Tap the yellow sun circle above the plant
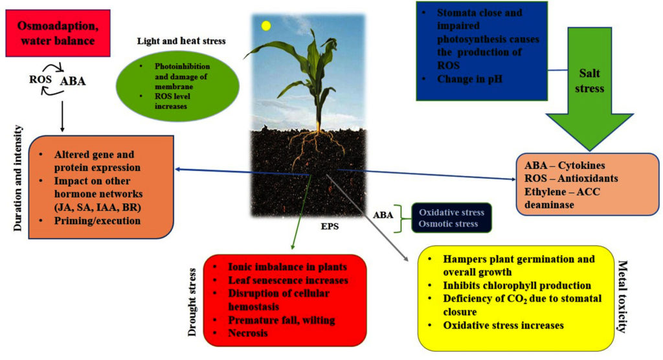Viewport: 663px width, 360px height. [265, 27]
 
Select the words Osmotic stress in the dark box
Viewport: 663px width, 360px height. [448, 224]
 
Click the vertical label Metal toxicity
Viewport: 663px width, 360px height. [623, 297]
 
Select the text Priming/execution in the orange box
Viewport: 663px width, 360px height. [97, 219]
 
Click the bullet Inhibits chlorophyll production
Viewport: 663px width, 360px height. [517, 286]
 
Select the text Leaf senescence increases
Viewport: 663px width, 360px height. [288, 280]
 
